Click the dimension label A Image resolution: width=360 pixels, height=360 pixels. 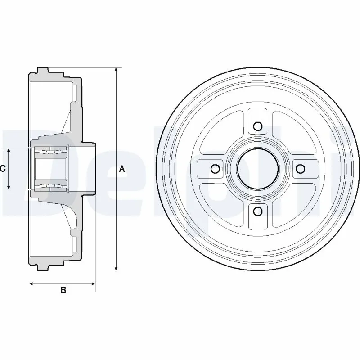[122, 169]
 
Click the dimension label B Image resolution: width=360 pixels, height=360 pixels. [63, 290]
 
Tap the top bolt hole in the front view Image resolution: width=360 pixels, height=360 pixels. [258, 126]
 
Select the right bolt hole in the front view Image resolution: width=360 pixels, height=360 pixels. [300, 169]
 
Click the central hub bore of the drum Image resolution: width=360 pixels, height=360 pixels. [258, 169]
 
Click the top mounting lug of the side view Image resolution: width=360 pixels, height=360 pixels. [43, 70]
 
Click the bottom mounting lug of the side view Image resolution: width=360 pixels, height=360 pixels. [43, 268]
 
